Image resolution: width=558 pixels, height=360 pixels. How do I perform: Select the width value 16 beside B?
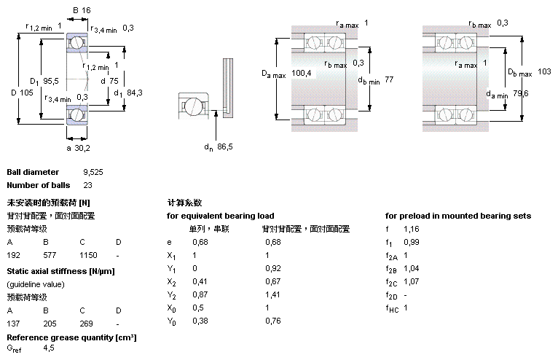point(86,10)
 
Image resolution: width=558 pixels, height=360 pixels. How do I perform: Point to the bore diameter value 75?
point(114,81)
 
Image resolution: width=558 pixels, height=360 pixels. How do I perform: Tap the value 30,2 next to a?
point(83,148)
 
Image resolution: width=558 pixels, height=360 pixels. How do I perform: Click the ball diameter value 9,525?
point(93,172)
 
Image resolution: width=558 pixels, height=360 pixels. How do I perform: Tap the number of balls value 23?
point(87,185)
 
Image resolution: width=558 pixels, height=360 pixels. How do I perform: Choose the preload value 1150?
point(88,256)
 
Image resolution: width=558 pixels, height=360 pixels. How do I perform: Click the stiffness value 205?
point(50,324)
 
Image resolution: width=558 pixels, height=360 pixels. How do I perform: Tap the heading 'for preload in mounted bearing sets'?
point(458,216)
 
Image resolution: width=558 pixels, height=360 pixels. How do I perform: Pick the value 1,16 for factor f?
point(412,229)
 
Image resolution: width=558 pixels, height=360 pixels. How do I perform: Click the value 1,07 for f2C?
point(412,281)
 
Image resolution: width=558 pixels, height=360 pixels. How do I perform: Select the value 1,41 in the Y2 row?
point(272,294)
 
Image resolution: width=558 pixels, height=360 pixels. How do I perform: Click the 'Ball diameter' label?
point(33,172)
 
